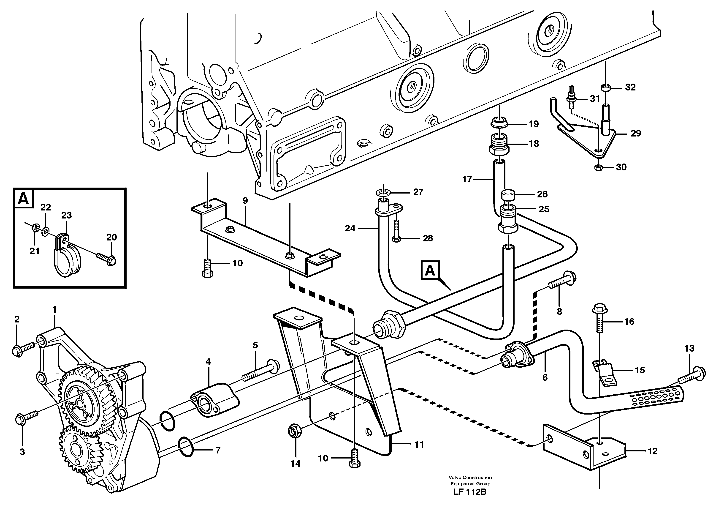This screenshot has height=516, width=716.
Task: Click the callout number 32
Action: click(630, 87)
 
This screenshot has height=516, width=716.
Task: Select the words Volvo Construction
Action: click(470, 478)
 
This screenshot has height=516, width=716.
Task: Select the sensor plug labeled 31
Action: click(572, 98)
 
